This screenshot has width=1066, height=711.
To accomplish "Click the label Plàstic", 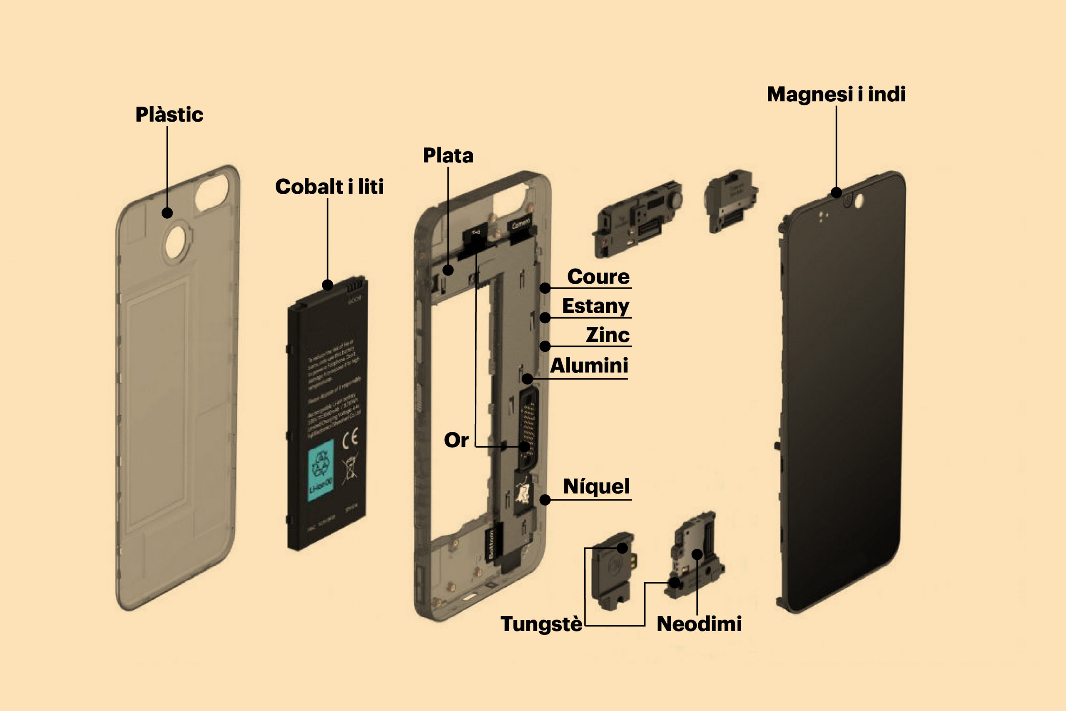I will coord(169,115).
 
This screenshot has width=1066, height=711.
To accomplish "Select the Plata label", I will coord(448,155).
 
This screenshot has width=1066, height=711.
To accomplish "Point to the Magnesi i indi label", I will coord(836,94).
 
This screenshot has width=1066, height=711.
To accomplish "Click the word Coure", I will coord(598,277).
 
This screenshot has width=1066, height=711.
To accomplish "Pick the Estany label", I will coord(595,306).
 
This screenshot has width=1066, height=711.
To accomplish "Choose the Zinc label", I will coord(608,335).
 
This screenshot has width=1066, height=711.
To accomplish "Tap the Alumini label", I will coord(589,365).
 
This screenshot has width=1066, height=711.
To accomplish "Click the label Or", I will coord(456,440).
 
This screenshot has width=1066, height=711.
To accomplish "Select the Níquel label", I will coord(596,486).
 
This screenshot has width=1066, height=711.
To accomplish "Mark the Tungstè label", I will coord(541,624).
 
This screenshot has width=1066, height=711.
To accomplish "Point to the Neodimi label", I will coord(699,624).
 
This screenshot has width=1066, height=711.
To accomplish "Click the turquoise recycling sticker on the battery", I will coord(321,470).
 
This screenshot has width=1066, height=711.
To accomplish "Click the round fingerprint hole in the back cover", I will coord(176,242).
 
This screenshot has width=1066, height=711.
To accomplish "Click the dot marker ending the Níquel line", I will coord(545,500).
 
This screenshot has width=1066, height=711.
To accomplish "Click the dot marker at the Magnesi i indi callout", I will coord(836,193).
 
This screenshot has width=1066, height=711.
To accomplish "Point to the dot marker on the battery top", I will coord(328,285).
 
